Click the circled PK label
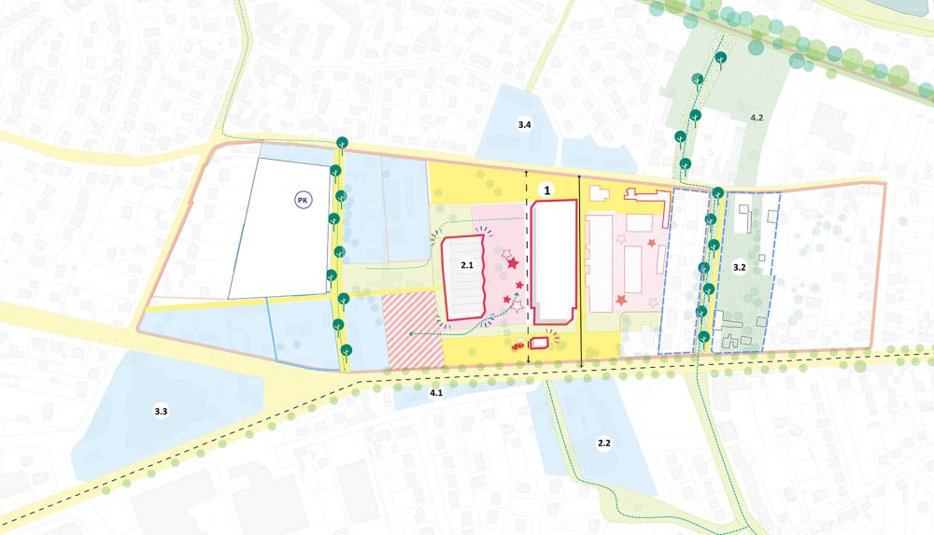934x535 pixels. pyautogui.click(x=303, y=200)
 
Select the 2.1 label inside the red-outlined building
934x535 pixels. pyautogui.click(x=467, y=266)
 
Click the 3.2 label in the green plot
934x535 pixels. pyautogui.click(x=740, y=268)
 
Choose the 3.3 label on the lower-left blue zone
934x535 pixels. pyautogui.click(x=161, y=411)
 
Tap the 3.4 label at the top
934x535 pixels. pyautogui.click(x=525, y=124)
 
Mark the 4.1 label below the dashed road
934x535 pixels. pyautogui.click(x=436, y=394)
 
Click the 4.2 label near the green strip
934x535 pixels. pyautogui.click(x=757, y=119)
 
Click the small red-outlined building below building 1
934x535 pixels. pyautogui.click(x=538, y=344)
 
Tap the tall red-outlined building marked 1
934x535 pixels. pyautogui.click(x=552, y=260)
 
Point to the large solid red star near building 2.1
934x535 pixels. pyautogui.click(x=512, y=264)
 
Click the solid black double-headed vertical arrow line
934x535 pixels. pyautogui.click(x=581, y=271)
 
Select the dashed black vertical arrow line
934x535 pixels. pyautogui.click(x=527, y=271)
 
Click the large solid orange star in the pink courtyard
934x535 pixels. pyautogui.click(x=622, y=301)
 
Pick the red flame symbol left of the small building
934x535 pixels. pyautogui.click(x=517, y=345)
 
